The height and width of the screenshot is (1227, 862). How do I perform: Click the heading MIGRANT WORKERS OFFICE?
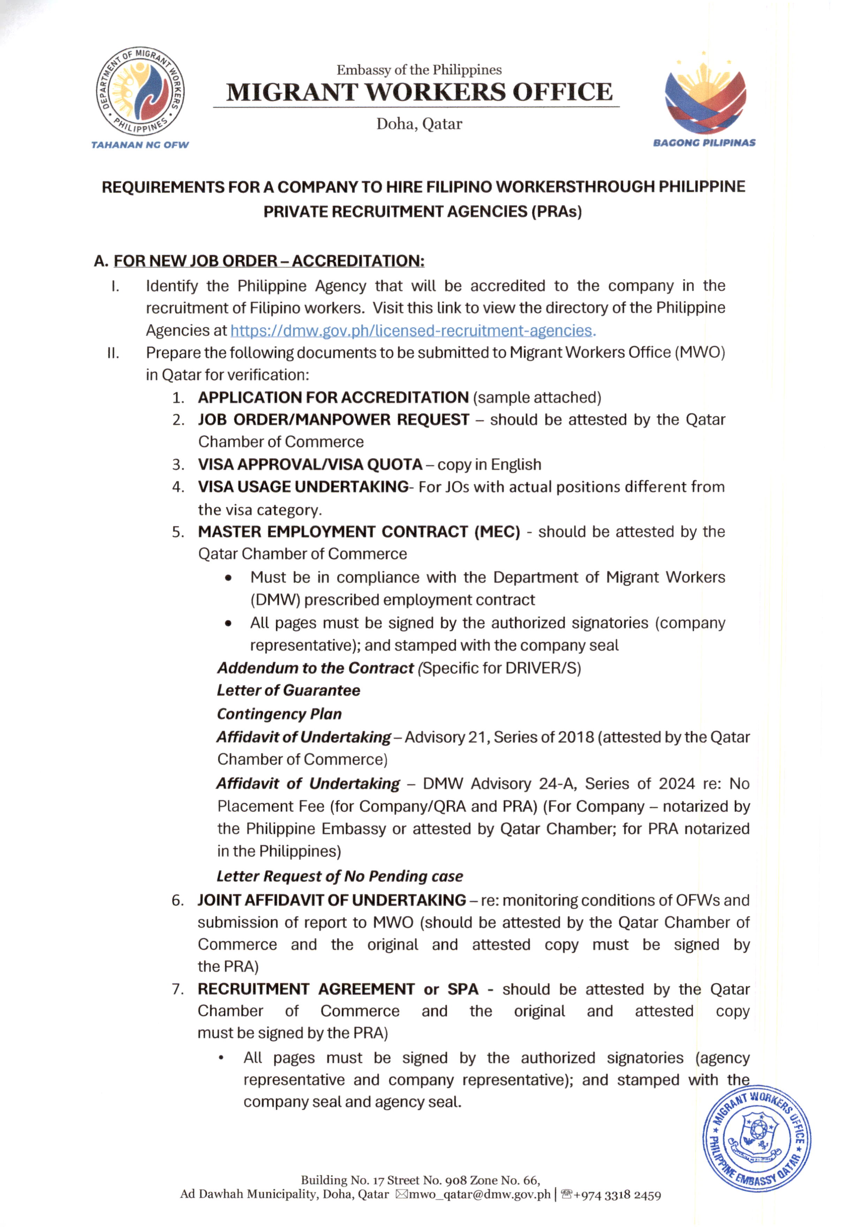point(419,92)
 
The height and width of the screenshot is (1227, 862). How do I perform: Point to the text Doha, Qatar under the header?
point(419,124)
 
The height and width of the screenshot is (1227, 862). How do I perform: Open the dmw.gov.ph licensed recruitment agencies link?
point(412,331)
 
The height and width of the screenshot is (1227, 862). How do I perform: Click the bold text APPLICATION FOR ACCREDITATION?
point(333,397)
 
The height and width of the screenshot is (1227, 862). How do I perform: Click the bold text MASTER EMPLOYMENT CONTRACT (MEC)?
point(359,532)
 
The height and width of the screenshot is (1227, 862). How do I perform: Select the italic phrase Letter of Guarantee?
point(288,691)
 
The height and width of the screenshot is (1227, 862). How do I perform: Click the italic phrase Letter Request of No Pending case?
point(340,876)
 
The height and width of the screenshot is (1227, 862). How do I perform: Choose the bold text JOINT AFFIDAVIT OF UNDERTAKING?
point(332,900)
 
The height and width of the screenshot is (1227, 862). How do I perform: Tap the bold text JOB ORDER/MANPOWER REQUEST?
point(334,419)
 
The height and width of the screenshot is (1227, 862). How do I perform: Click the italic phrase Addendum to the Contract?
point(316,668)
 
